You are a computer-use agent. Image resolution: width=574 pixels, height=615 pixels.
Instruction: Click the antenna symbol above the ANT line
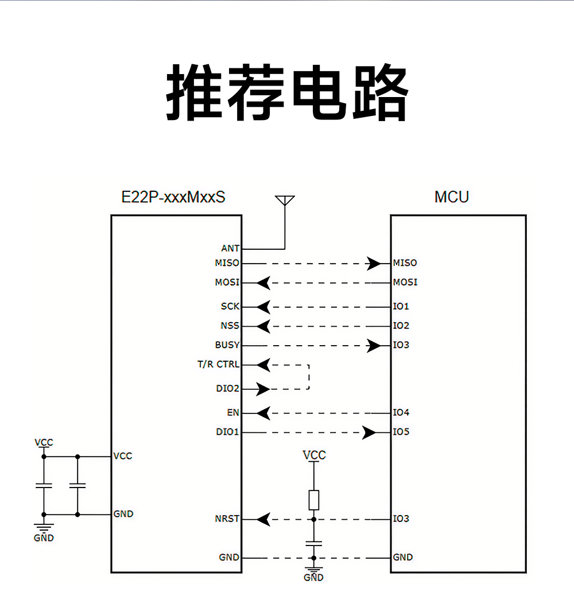coord(285,201)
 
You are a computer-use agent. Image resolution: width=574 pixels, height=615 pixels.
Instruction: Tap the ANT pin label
coord(230,249)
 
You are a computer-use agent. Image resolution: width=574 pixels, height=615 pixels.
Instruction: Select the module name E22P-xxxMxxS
coord(173,197)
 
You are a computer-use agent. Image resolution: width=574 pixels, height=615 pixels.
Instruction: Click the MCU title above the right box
coord(451,197)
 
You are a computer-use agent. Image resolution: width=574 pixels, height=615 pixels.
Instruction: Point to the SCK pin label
coord(230,307)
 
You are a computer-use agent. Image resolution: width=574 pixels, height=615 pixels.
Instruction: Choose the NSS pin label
coord(230,326)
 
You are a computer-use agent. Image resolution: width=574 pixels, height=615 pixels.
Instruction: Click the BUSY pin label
coord(227,345)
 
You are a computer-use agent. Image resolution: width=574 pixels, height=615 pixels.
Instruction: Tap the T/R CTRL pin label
coord(218,365)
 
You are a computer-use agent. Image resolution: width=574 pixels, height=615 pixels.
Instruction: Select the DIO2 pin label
coord(227,389)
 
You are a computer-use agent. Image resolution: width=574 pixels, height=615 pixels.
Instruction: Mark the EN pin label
coord(232,413)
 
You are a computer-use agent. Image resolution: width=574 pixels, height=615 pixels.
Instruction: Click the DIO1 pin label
coord(227,432)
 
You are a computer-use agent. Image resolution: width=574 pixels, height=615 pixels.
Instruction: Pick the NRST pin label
coord(227,519)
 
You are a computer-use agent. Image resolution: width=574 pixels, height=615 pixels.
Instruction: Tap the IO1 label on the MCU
coord(401,307)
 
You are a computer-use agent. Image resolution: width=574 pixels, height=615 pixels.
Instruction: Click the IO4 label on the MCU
coord(401,413)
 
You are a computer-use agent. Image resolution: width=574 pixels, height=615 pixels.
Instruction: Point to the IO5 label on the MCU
coord(401,432)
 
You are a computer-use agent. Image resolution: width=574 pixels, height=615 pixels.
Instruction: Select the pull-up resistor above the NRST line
coord(313,500)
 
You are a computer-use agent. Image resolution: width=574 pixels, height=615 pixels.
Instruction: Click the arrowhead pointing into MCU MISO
coord(374,264)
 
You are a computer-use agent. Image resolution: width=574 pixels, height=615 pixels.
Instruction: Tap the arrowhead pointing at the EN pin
coord(263,413)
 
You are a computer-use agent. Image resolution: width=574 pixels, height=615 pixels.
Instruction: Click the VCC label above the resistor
coord(314,455)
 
